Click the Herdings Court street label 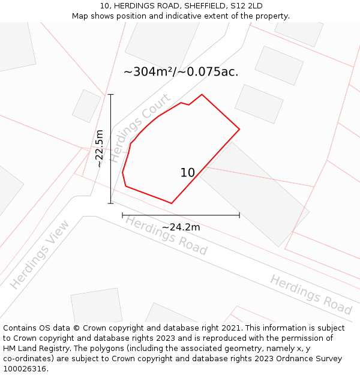pos(140,128)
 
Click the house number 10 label pos(188,173)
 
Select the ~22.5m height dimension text pos(100,149)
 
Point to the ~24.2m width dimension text pos(181,227)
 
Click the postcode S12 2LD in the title pos(247,5)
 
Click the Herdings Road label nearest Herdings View pos(166,235)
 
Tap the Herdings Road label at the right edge pos(311,295)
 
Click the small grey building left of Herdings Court pos(86,106)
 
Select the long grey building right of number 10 pos(254,193)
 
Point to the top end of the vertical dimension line pos(110,94)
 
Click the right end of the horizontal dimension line pos(239,215)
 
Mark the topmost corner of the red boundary pos(202,94)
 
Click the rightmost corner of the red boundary pos(239,129)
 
